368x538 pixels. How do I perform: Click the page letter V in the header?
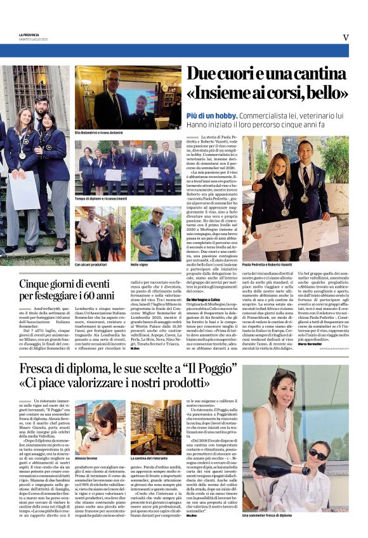click(346, 37)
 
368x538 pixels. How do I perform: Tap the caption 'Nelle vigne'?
click(140, 264)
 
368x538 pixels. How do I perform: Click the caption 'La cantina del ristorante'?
click(150, 456)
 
